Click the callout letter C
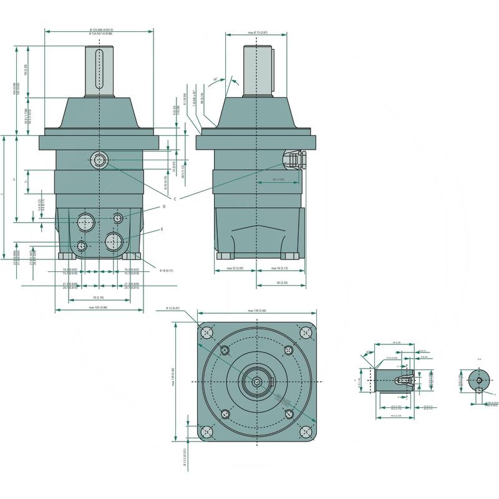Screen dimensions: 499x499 pyautogui.click(x=175, y=198)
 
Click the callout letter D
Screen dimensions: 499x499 pyautogui.click(x=164, y=206)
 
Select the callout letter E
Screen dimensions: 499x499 pyautogui.click(x=162, y=229)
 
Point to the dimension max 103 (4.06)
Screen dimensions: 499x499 pyautogui.click(x=99, y=308)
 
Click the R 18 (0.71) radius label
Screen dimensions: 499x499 pyautogui.click(x=166, y=270)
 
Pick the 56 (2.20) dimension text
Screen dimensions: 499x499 pyautogui.click(x=281, y=283)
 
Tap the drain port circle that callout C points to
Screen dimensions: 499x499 pyautogui.click(x=99, y=160)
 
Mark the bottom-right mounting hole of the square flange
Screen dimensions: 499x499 pyautogui.click(x=306, y=431)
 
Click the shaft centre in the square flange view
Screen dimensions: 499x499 pyautogui.click(x=256, y=381)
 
